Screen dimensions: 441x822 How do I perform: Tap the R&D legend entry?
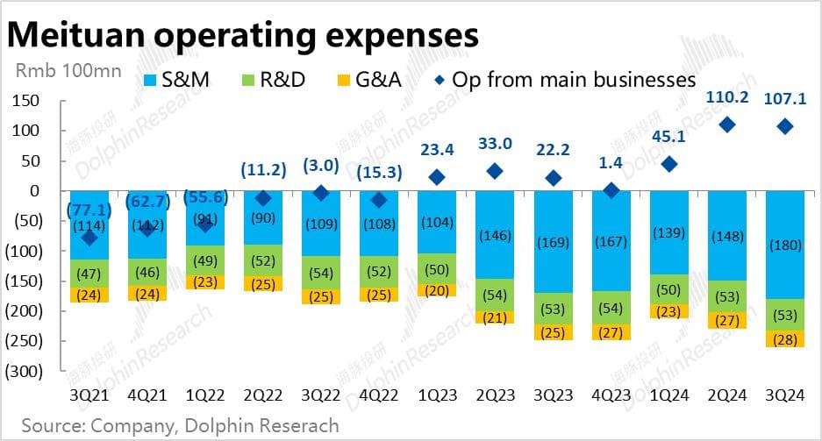click(x=271, y=80)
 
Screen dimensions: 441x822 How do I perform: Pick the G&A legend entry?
click(x=368, y=80)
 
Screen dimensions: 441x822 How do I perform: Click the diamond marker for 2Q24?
click(x=726, y=125)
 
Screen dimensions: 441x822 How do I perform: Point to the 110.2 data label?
click(x=726, y=97)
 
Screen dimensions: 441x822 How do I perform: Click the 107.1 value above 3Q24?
click(x=783, y=97)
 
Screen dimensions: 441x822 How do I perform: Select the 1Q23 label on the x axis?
click(x=437, y=395)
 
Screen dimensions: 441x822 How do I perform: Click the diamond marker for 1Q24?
click(x=668, y=164)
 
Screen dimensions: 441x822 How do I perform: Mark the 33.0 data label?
click(x=494, y=142)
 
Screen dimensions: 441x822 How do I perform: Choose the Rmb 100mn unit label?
click(x=67, y=70)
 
